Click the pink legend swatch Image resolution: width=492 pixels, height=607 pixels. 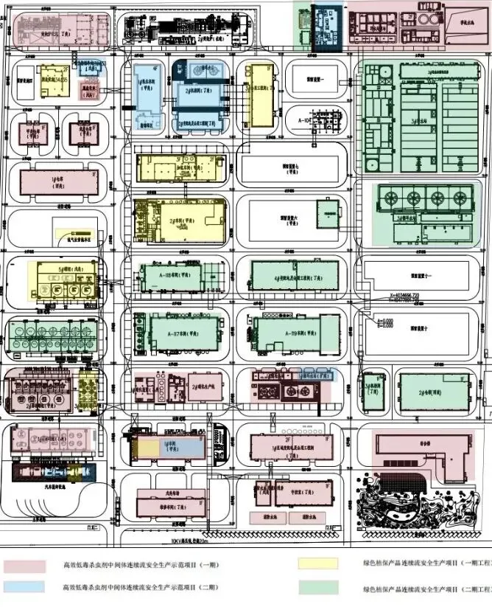26,566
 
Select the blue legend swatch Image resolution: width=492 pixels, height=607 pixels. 26,586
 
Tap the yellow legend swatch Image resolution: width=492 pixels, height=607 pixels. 317,564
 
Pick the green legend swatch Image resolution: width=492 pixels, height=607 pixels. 317,587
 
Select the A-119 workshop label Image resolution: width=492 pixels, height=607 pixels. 283,332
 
